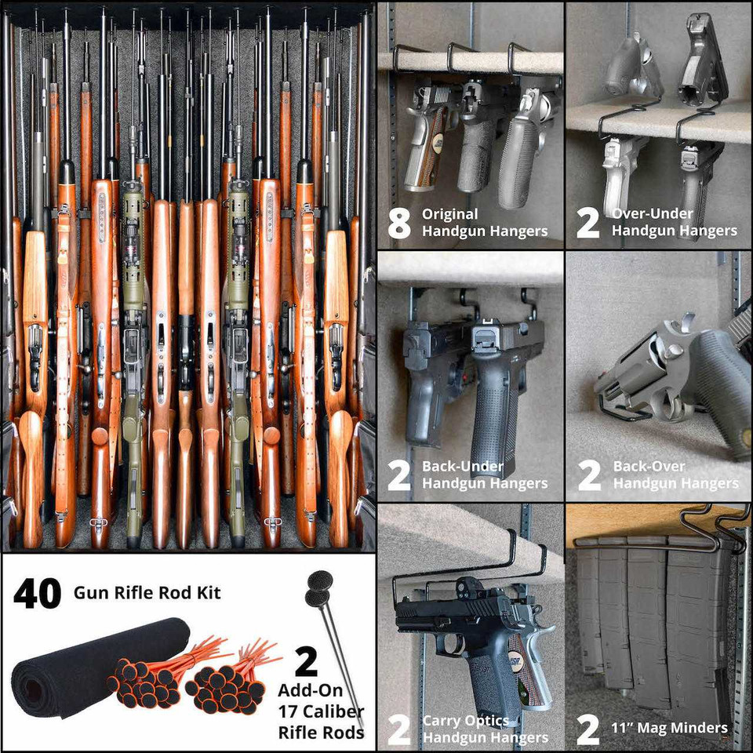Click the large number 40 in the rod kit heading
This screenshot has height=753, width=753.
pos(37,593)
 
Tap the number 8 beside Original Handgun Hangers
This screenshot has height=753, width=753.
pos(399,222)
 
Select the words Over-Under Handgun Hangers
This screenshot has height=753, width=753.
pos(674,222)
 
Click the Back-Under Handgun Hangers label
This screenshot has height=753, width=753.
pos(485,475)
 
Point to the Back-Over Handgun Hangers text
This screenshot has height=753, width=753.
pos(675,475)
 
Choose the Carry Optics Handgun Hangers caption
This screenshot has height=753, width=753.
pos(485,729)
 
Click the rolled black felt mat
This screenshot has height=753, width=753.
pos(94,667)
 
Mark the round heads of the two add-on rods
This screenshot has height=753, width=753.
pos(318,589)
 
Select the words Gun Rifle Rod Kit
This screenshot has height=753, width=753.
pos(147,592)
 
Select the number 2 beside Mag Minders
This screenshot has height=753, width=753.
pos(587,729)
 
